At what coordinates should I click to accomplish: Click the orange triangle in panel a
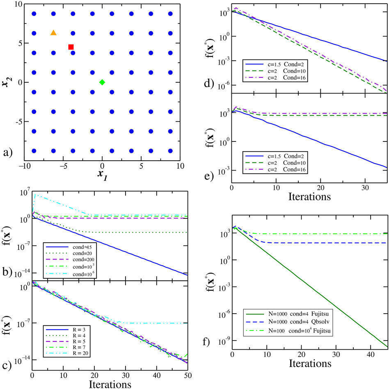point(53,32)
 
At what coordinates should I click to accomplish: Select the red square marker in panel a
point(71,47)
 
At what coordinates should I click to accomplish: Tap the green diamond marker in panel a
point(102,82)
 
